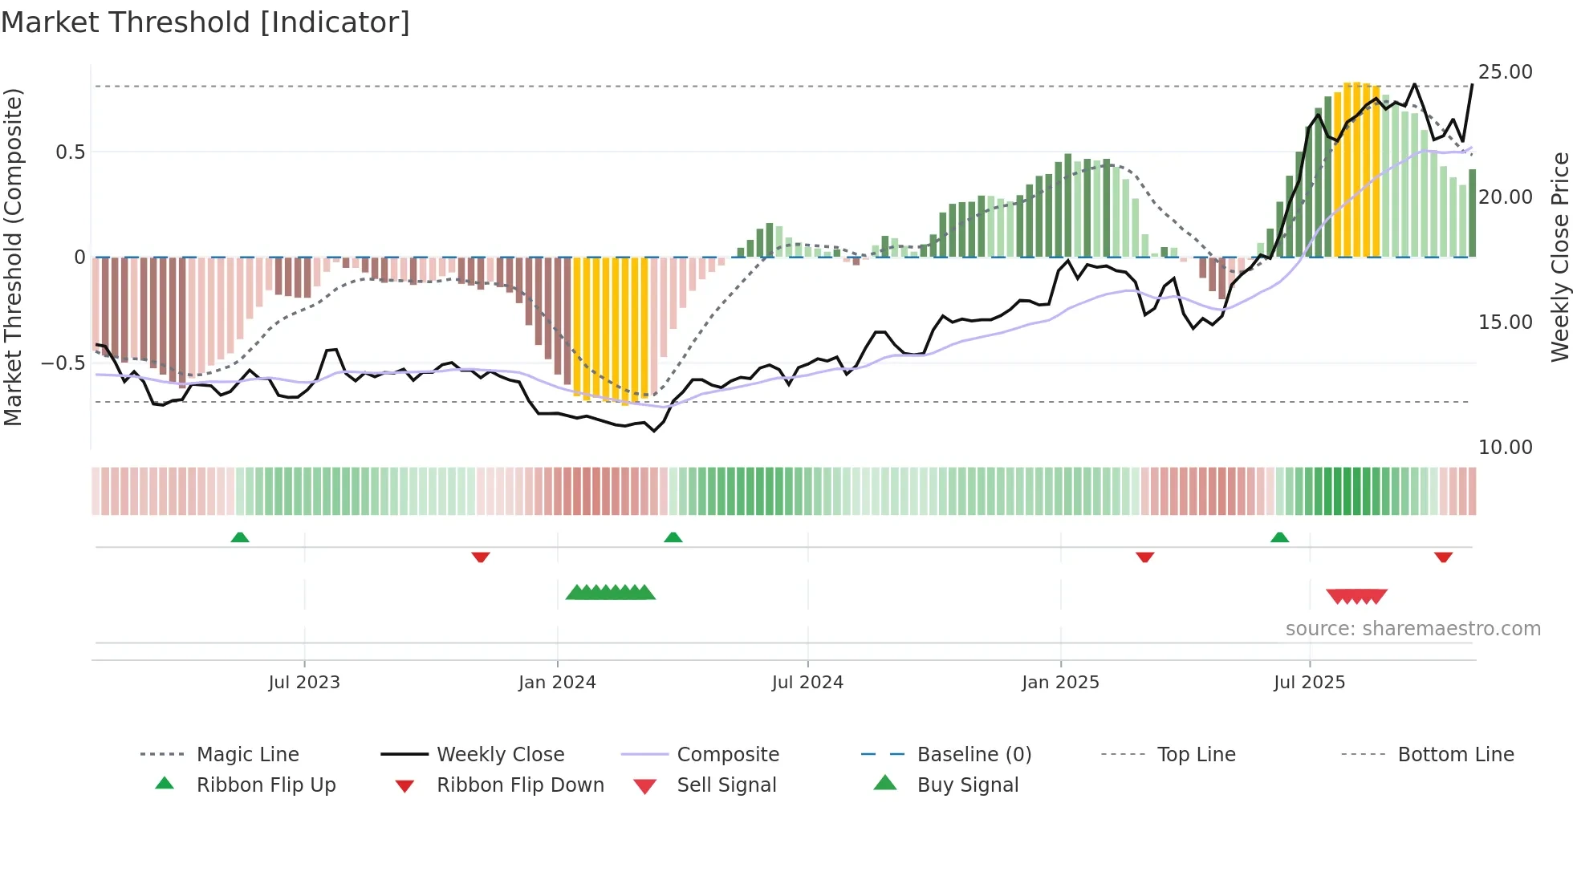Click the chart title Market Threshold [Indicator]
[205, 22]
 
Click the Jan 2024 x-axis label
[557, 682]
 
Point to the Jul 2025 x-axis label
[1309, 682]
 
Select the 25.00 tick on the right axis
[1505, 72]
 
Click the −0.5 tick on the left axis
[63, 363]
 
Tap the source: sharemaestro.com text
[1412, 628]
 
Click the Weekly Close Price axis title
[1559, 257]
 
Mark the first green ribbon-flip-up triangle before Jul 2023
[240, 537]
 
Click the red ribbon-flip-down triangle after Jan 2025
[1145, 557]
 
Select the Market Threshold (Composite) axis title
[13, 257]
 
